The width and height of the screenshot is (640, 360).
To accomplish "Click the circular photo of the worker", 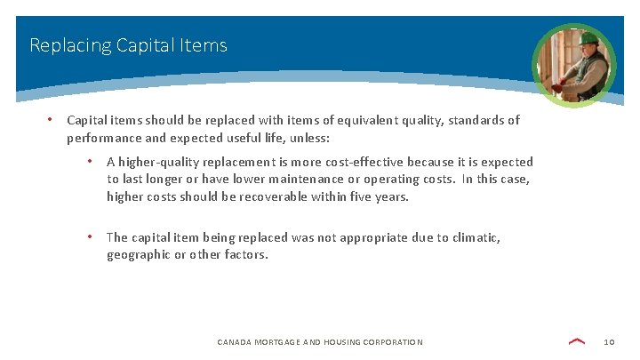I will pyautogui.click(x=573, y=65).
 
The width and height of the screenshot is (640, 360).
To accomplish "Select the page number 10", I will pyautogui.click(x=609, y=342).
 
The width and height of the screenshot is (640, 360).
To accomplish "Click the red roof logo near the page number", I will pyautogui.click(x=577, y=341).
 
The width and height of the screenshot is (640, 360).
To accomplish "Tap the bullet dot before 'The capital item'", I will pyautogui.click(x=90, y=236).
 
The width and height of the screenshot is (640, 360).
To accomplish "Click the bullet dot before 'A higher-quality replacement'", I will pyautogui.click(x=90, y=161).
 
